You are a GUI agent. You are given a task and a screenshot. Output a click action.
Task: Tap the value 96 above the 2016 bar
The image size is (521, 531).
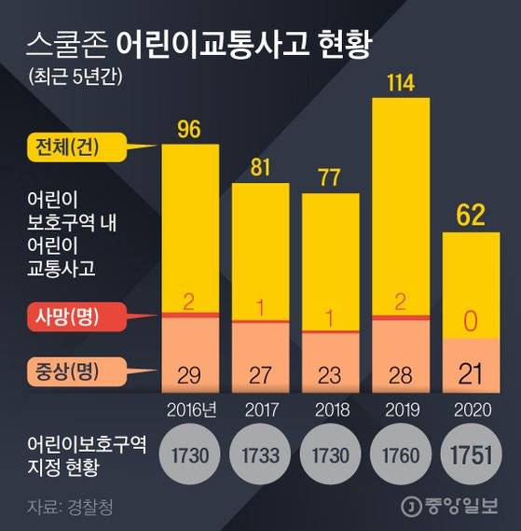189,130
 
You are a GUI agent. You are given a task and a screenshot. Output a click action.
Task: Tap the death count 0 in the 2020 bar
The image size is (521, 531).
470,322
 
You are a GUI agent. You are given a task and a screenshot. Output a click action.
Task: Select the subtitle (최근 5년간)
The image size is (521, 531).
76,75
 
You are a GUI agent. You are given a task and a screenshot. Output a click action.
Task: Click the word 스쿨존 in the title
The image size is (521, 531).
66,43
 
